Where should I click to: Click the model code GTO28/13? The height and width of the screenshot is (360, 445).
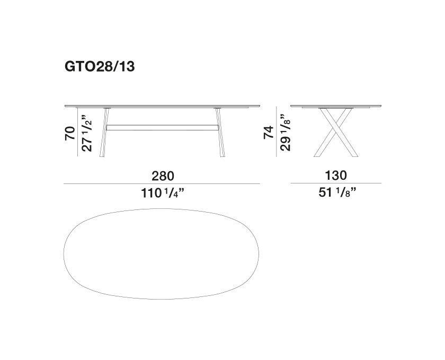(x=100, y=67)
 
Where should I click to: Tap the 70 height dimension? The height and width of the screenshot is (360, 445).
(x=70, y=133)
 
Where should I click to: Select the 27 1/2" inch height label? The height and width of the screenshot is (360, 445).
(x=87, y=133)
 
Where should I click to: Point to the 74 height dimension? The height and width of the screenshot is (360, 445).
(x=269, y=132)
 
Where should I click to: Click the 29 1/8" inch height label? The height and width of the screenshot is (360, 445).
(x=286, y=133)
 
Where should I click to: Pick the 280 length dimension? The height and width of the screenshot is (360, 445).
(x=163, y=176)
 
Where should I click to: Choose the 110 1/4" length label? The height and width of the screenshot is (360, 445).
(x=163, y=193)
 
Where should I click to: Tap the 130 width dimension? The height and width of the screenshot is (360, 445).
(x=336, y=175)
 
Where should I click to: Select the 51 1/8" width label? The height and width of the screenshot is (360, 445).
(x=337, y=192)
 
